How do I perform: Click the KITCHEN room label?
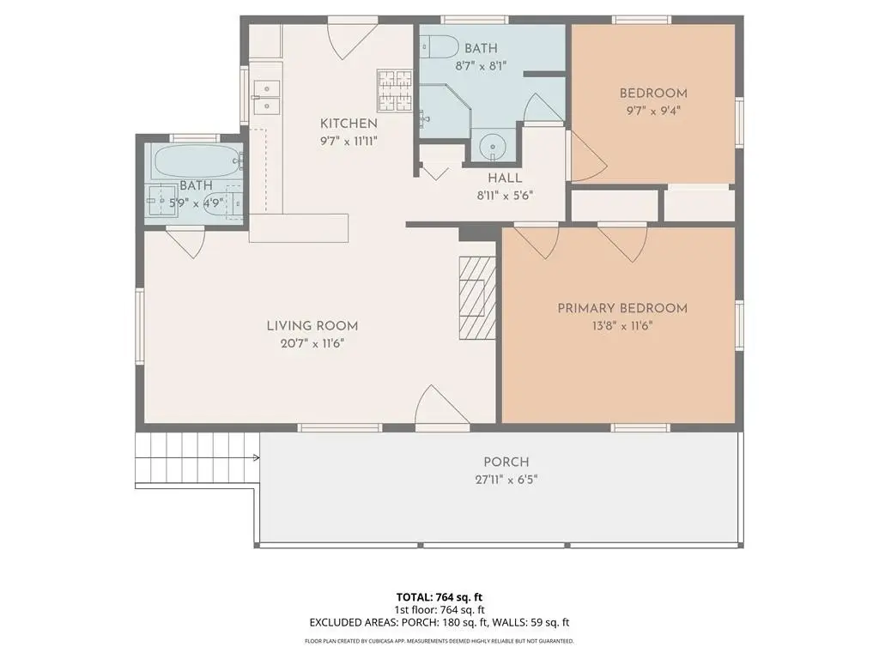coord(349,124)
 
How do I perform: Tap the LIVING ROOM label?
coord(312,325)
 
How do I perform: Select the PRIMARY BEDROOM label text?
coord(622,308)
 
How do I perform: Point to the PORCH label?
coord(506,463)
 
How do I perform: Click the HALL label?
coord(505,178)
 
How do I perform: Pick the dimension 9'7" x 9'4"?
coord(653,111)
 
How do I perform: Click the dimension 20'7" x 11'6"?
coord(312,343)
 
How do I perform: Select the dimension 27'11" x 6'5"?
coord(506,480)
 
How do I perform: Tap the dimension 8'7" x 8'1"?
coord(481,65)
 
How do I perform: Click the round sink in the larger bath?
coord(493,148)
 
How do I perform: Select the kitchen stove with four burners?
coord(395,89)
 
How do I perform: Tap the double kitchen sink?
coord(266,97)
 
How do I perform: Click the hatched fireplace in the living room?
coord(477,298)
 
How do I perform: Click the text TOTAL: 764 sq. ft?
coord(439,597)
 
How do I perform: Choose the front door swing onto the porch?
coord(442,405)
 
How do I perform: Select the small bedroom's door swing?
coord(588,158)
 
